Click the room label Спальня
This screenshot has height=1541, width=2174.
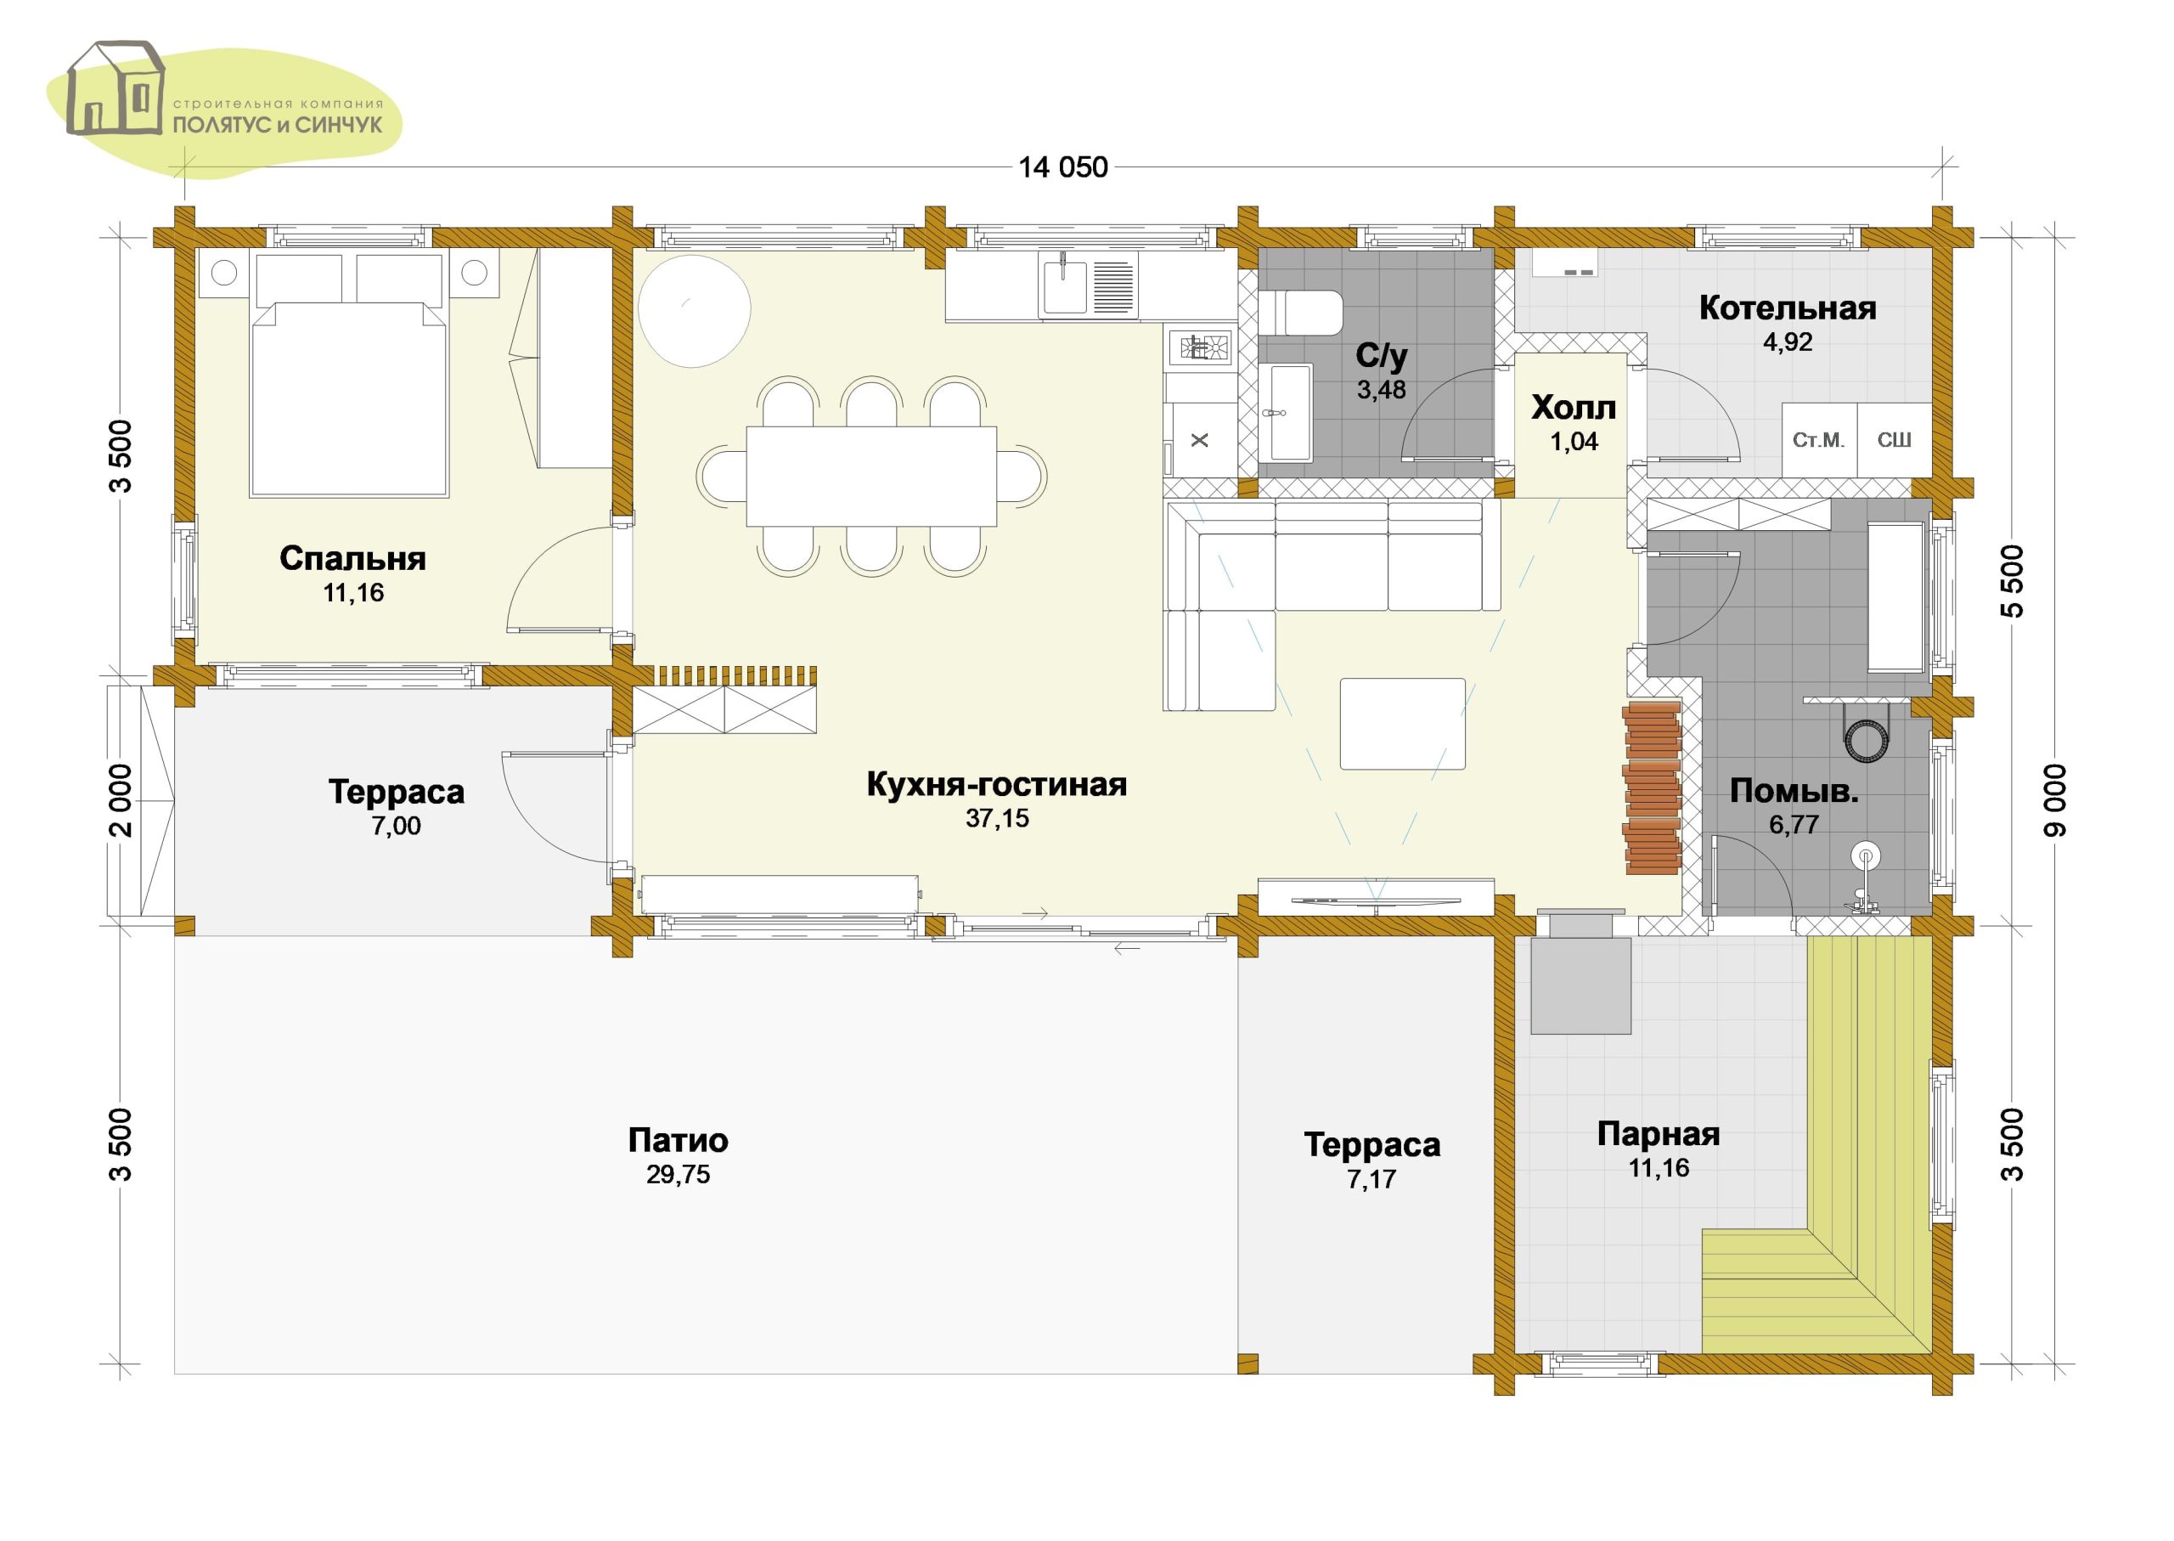click(352, 558)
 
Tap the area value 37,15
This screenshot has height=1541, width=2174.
click(997, 818)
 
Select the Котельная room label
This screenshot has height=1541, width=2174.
click(1787, 308)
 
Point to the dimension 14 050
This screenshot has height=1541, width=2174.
click(1062, 167)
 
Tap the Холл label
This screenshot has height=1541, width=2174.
click(1574, 407)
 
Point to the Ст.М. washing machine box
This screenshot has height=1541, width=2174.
click(1818, 439)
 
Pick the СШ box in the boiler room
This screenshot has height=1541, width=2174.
click(1895, 439)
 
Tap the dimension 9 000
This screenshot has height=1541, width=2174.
click(2054, 800)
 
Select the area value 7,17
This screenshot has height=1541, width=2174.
click(1371, 1179)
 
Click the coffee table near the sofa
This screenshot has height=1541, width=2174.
click(1402, 723)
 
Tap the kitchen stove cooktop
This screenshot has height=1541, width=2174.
click(1200, 348)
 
